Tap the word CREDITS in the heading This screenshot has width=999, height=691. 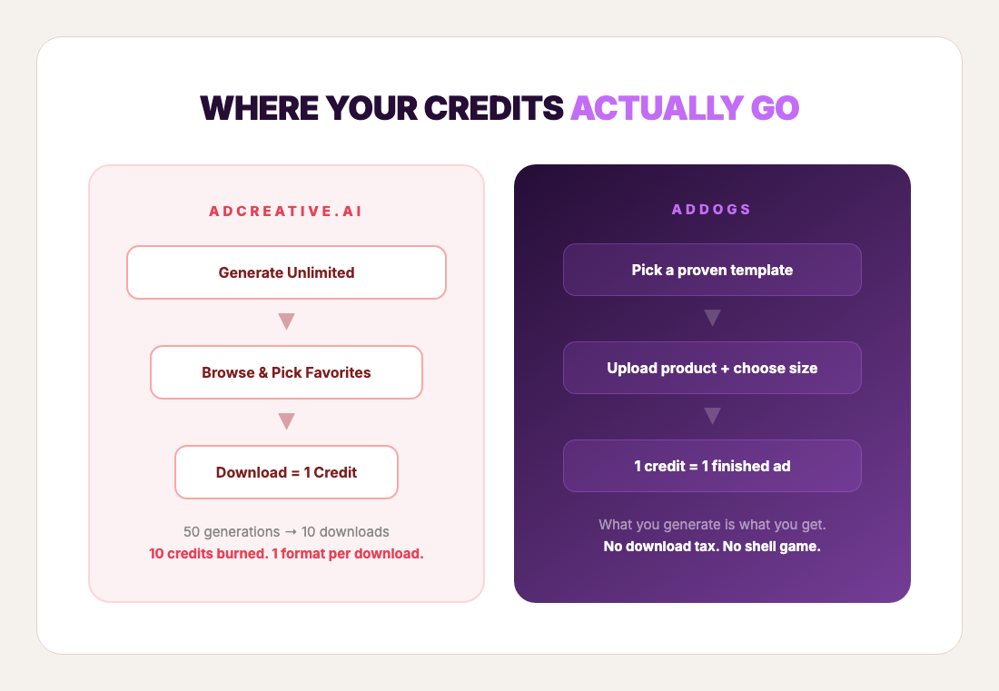(492, 108)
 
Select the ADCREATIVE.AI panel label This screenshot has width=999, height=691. (286, 211)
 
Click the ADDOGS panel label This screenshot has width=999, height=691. (712, 210)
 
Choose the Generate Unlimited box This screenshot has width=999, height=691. (286, 272)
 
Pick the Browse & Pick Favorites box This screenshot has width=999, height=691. (286, 372)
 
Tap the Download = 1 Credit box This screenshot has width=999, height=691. (286, 472)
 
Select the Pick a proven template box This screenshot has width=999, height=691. (712, 270)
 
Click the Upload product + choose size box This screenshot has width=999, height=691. (712, 368)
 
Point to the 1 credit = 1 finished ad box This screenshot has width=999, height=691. (712, 466)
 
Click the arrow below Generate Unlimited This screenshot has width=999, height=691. (286, 321)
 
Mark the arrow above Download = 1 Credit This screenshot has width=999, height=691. (286, 421)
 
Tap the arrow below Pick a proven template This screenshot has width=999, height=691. (712, 318)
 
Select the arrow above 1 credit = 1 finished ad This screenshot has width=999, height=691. (712, 416)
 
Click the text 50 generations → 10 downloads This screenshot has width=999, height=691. (286, 531)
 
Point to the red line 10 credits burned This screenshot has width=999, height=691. (286, 553)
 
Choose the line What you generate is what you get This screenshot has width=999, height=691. (712, 525)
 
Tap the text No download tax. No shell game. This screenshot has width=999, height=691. (712, 547)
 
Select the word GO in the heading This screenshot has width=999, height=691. (775, 108)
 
